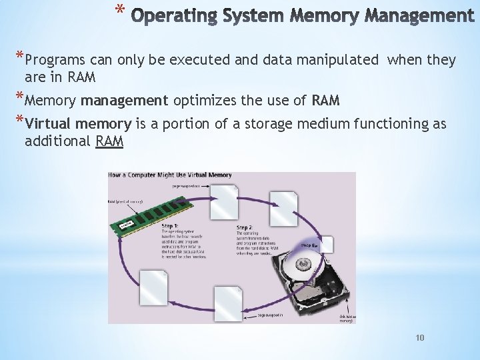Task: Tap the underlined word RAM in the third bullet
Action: coord(109,141)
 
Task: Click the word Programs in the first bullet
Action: coord(61,60)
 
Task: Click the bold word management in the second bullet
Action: coord(125,101)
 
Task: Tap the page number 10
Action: coord(419,338)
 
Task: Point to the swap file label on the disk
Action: coord(310,245)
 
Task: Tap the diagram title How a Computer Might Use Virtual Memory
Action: coord(171,175)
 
